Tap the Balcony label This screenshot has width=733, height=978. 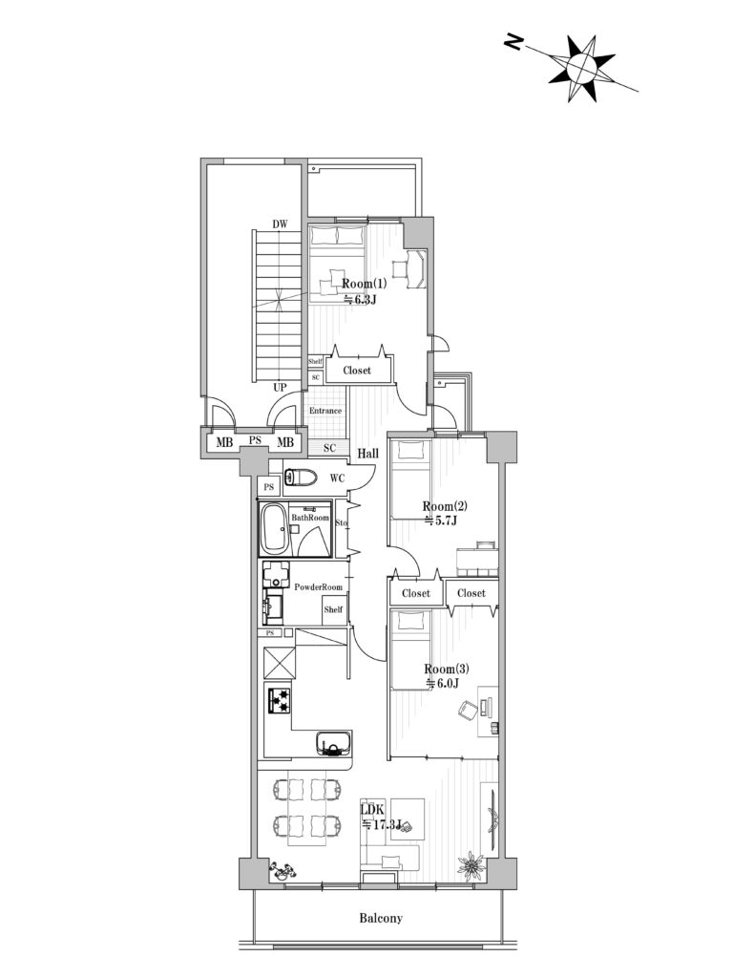click(x=381, y=918)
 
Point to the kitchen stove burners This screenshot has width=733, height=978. click(x=279, y=701)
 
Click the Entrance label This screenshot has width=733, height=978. click(x=325, y=411)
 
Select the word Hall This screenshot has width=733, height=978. click(x=367, y=454)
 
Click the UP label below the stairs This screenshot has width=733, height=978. click(x=280, y=388)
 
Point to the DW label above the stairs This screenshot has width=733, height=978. click(x=280, y=223)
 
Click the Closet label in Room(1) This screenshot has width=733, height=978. click(x=357, y=370)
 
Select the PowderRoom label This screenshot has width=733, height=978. click(x=318, y=587)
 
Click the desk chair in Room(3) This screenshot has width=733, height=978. click(x=468, y=710)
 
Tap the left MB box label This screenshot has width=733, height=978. click(x=224, y=443)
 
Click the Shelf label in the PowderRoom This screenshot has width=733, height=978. click(x=333, y=609)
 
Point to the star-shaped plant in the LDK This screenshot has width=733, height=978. click(x=471, y=864)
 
